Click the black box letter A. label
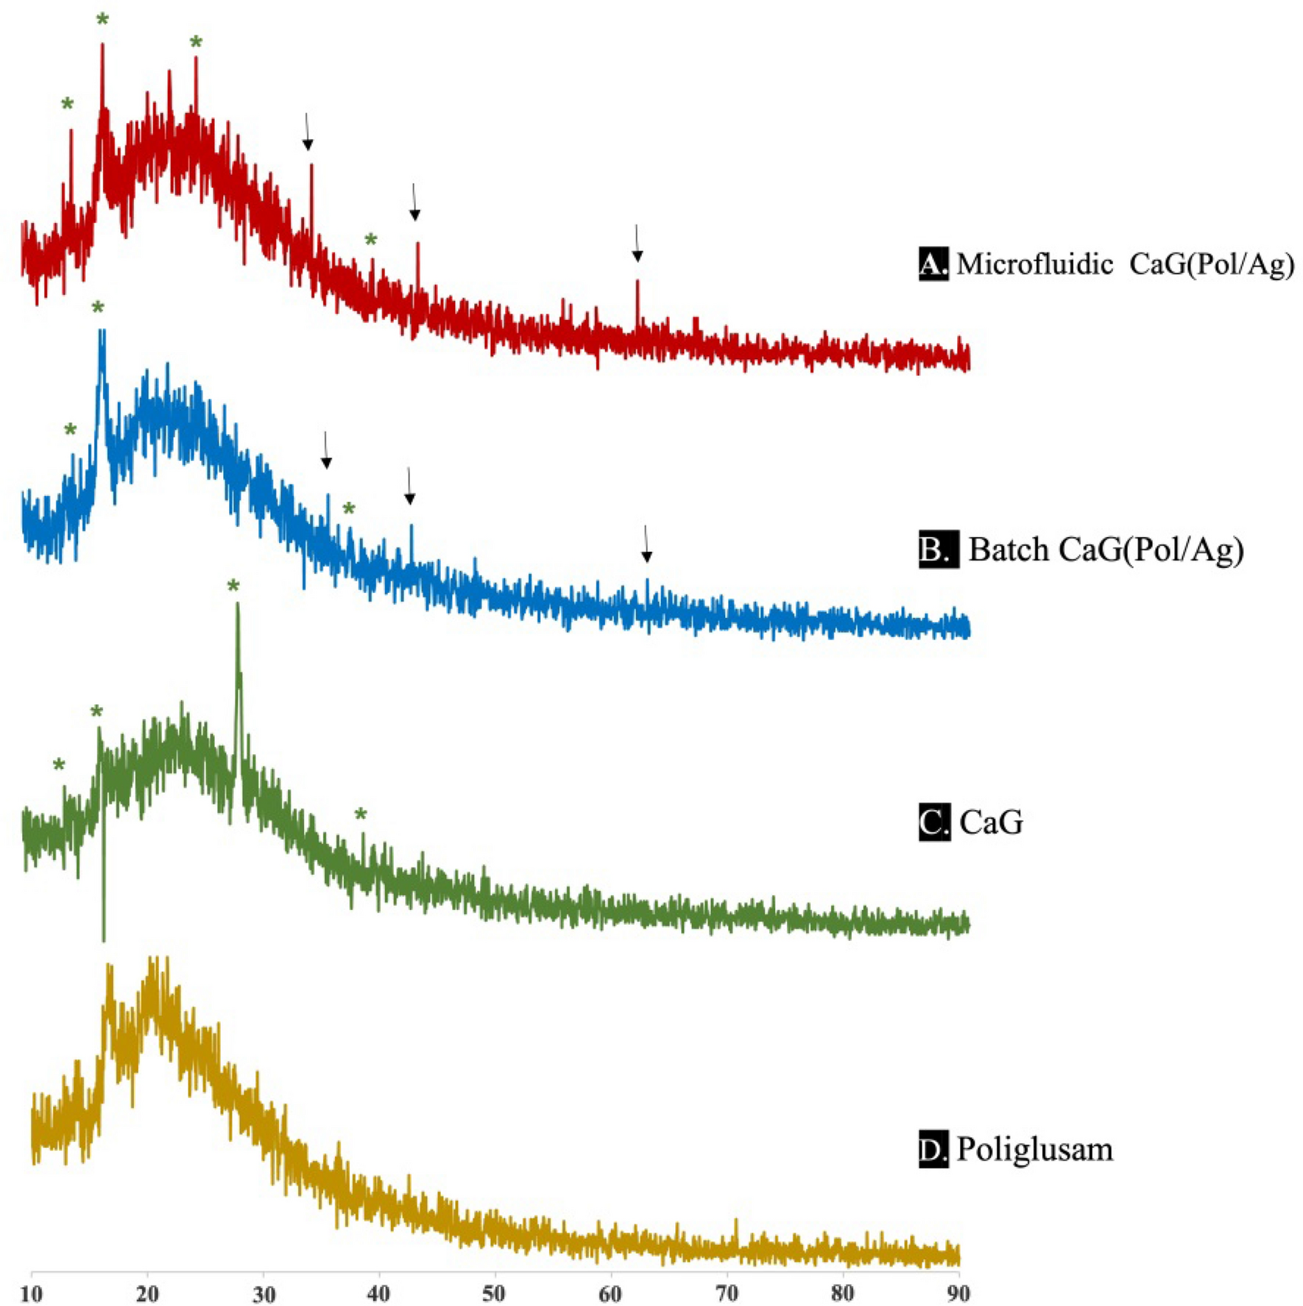pyautogui.click(x=933, y=264)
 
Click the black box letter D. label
pyautogui.click(x=933, y=1149)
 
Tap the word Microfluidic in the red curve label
pyautogui.click(x=1034, y=264)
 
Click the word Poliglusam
pyautogui.click(x=1034, y=1149)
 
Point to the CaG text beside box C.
pyautogui.click(x=991, y=823)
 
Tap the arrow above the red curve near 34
pyautogui.click(x=308, y=132)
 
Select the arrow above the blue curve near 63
pyautogui.click(x=646, y=544)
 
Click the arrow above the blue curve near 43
pyautogui.click(x=410, y=486)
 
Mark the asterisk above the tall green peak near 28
pyautogui.click(x=233, y=586)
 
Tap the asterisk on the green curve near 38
pyautogui.click(x=361, y=815)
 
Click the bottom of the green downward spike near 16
pyautogui.click(x=104, y=940)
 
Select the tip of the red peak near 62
pyautogui.click(x=638, y=281)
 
